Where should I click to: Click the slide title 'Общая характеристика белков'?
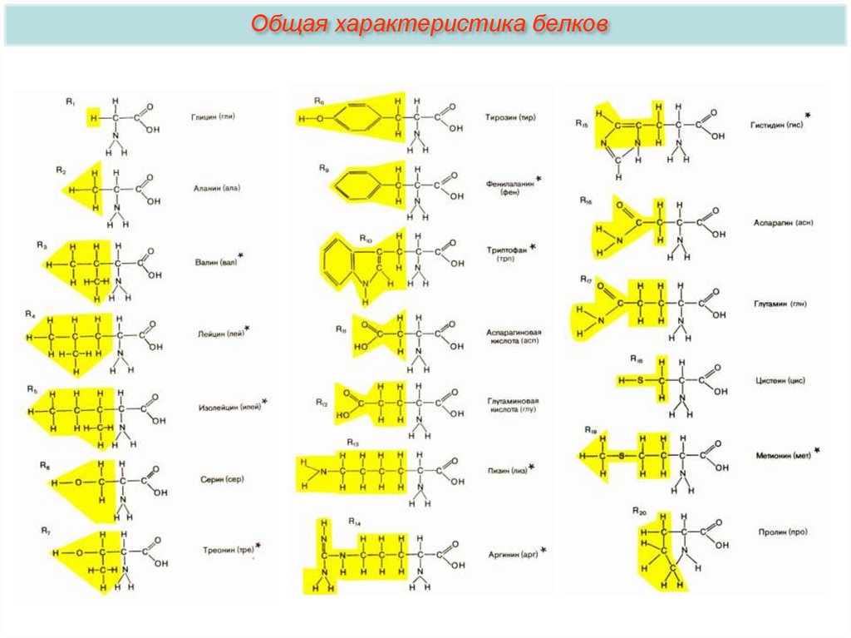(x=425, y=23)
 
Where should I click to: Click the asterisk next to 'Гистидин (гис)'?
(x=807, y=113)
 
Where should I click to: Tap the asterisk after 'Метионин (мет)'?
(x=817, y=450)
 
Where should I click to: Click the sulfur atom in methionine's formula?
(x=622, y=455)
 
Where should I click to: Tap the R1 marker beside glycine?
(x=70, y=101)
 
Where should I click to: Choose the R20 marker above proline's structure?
(x=639, y=510)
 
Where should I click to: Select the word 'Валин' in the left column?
(x=205, y=262)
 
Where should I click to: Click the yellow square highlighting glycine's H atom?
(x=93, y=119)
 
